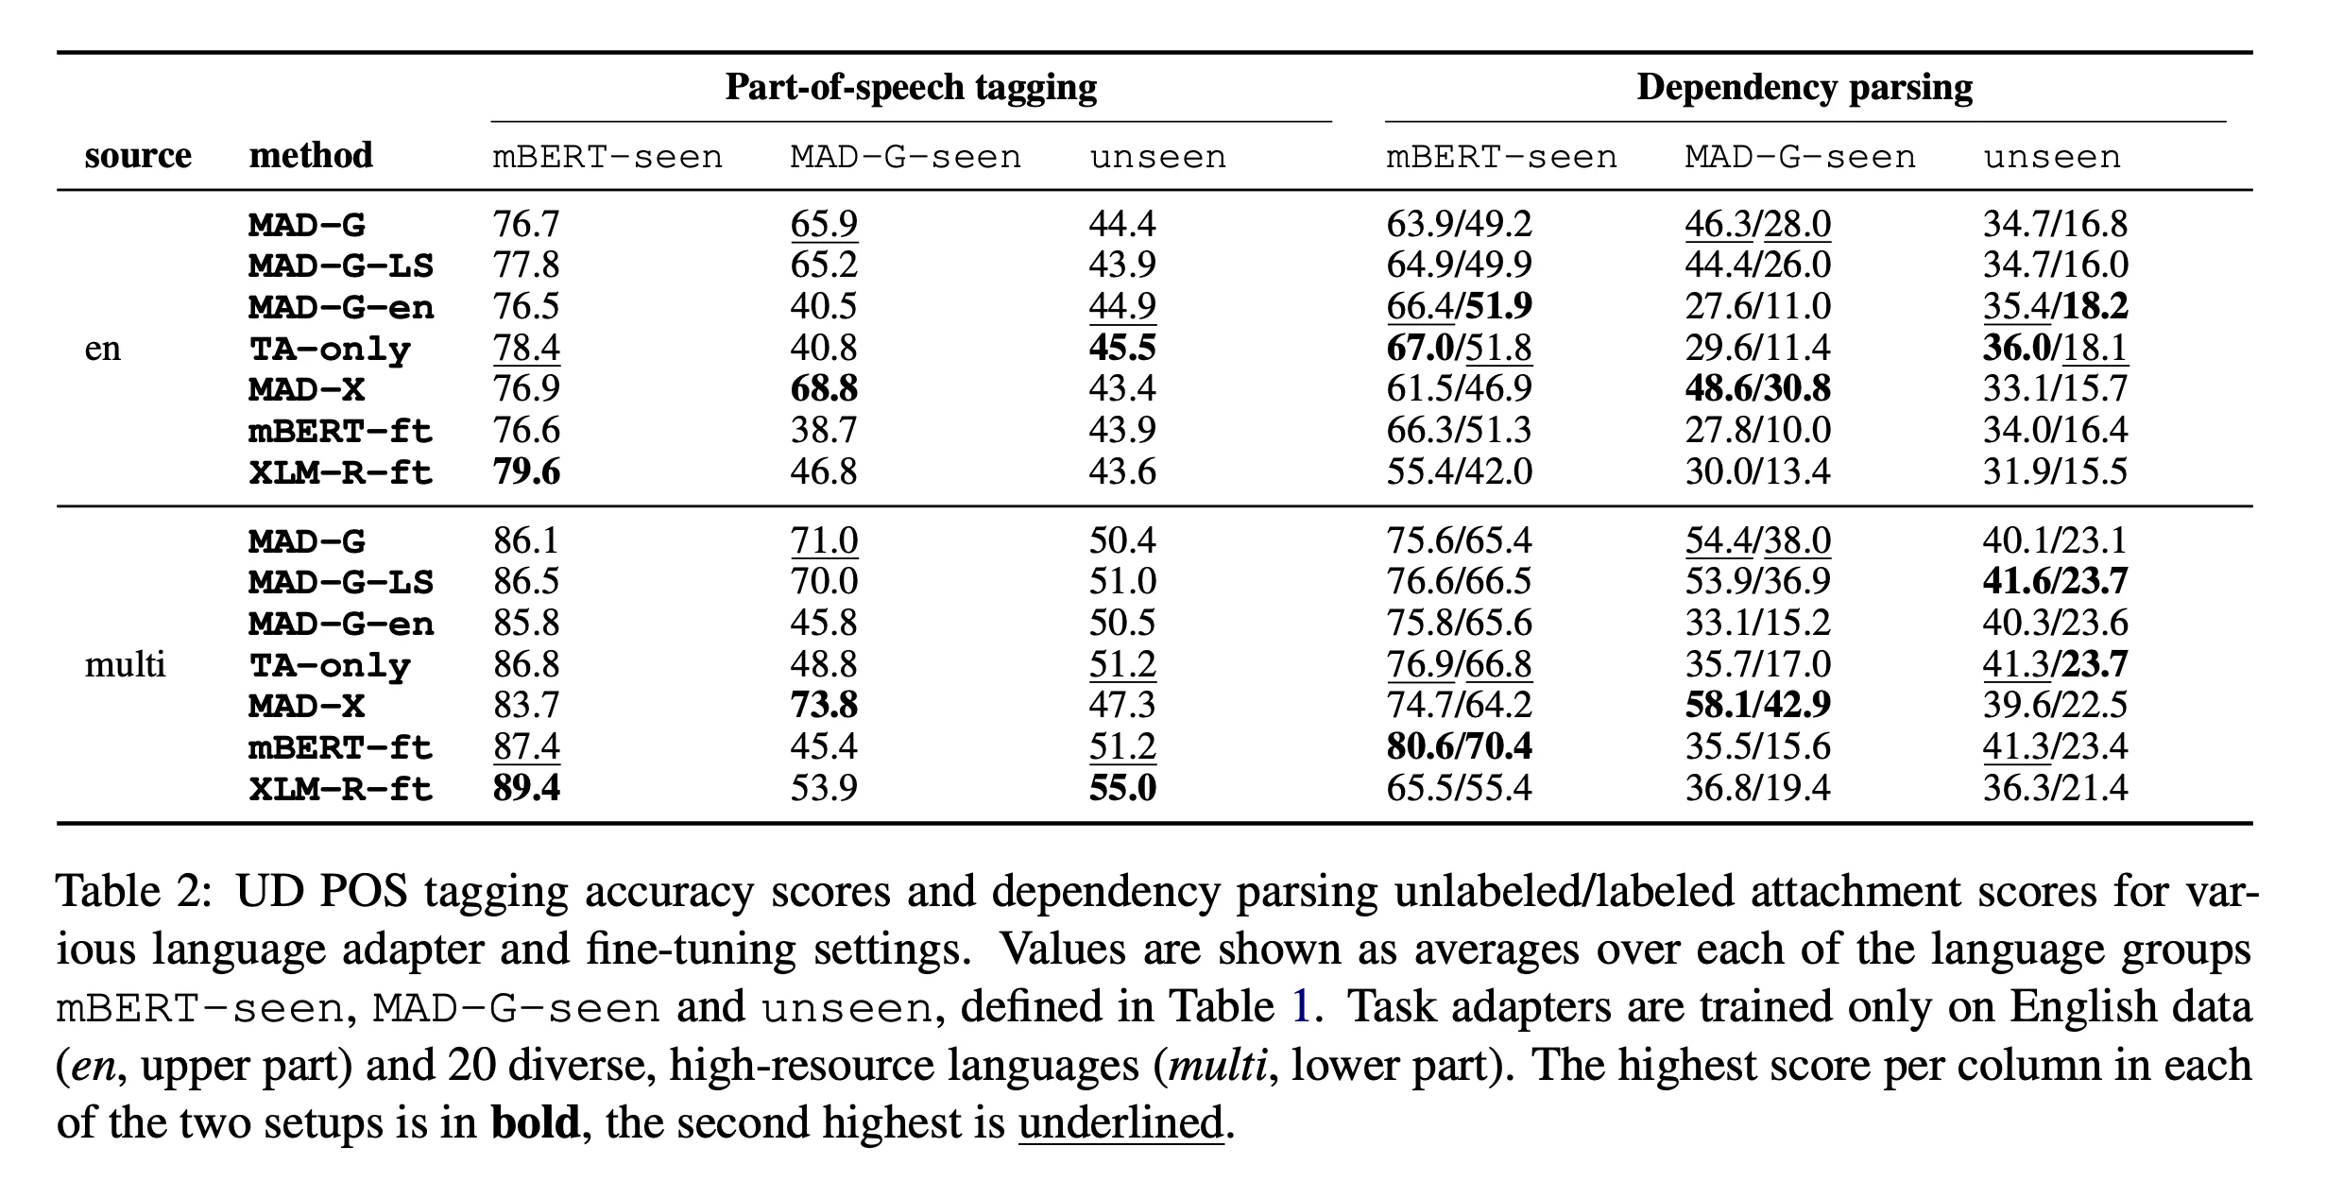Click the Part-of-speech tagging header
(911, 87)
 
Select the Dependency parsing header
(1804, 87)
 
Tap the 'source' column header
(138, 155)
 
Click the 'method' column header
(311, 155)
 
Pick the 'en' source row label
(103, 348)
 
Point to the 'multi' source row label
(125, 664)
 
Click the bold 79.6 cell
(526, 471)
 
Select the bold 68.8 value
(824, 388)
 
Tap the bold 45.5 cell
(1122, 348)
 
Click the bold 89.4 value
(526, 788)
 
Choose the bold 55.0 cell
(1122, 788)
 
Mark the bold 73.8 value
(824, 706)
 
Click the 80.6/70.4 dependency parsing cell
(1459, 746)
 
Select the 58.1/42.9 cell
(1757, 706)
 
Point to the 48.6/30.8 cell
(1757, 388)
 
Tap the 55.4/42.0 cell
(1459, 471)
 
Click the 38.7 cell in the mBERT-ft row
(824, 430)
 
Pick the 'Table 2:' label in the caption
(131, 891)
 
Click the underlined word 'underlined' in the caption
(1120, 1122)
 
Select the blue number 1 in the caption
(1301, 1007)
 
